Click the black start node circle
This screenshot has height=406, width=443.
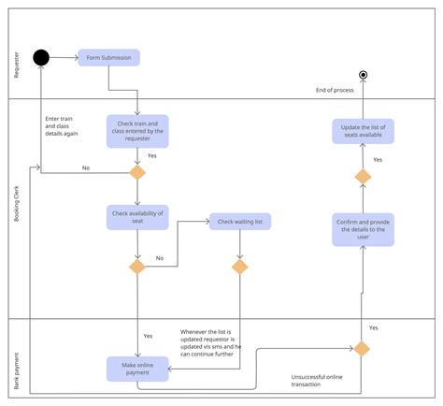41,58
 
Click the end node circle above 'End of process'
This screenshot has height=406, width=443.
364,74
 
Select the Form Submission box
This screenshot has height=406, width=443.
108,58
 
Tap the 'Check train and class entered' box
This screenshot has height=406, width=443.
137,132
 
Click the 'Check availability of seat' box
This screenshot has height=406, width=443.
137,217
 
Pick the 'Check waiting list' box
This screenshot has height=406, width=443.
239,222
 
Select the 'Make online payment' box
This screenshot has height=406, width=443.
137,369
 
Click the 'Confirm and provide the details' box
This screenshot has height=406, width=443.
363,228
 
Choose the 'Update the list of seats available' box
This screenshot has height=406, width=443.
363,131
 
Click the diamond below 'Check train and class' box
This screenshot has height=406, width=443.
137,172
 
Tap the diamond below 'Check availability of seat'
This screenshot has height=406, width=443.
137,267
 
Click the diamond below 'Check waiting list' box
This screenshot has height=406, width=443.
240,267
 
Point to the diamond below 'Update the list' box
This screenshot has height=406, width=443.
363,176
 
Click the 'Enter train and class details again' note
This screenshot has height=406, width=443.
62,125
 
